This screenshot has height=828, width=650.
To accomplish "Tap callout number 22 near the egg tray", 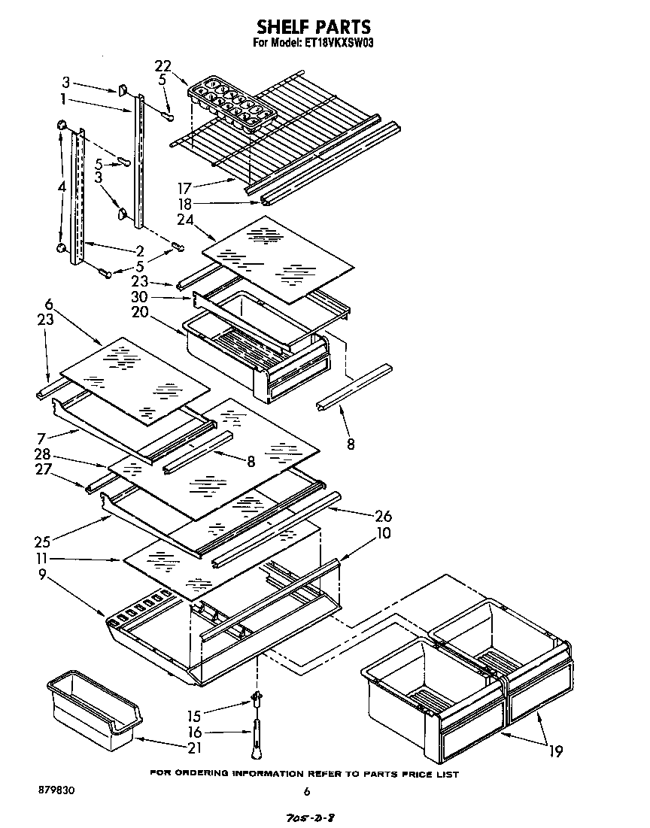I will [163, 65].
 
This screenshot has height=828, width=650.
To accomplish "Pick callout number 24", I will [184, 220].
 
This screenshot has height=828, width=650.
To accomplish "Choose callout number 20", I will [161, 314].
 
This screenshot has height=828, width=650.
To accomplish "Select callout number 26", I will [384, 517].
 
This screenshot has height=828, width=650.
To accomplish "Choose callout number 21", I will [194, 748].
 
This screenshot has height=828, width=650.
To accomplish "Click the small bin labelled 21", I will [93, 711].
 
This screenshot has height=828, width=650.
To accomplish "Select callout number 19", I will [555, 750].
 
